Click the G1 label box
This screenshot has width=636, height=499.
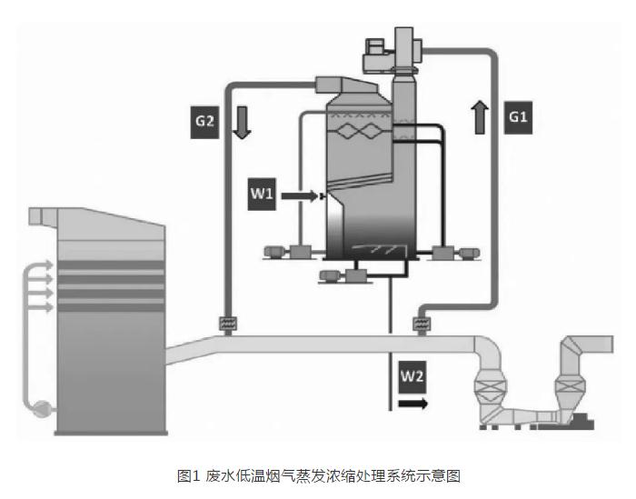pyautogui.click(x=518, y=117)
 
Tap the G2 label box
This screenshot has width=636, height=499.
pyautogui.click(x=205, y=122)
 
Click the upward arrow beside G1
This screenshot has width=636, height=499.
pyautogui.click(x=480, y=117)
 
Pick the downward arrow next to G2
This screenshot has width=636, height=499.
pyautogui.click(x=241, y=121)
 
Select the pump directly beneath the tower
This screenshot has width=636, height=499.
pyautogui.click(x=341, y=274)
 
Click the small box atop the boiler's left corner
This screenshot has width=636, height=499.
pyautogui.click(x=37, y=216)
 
